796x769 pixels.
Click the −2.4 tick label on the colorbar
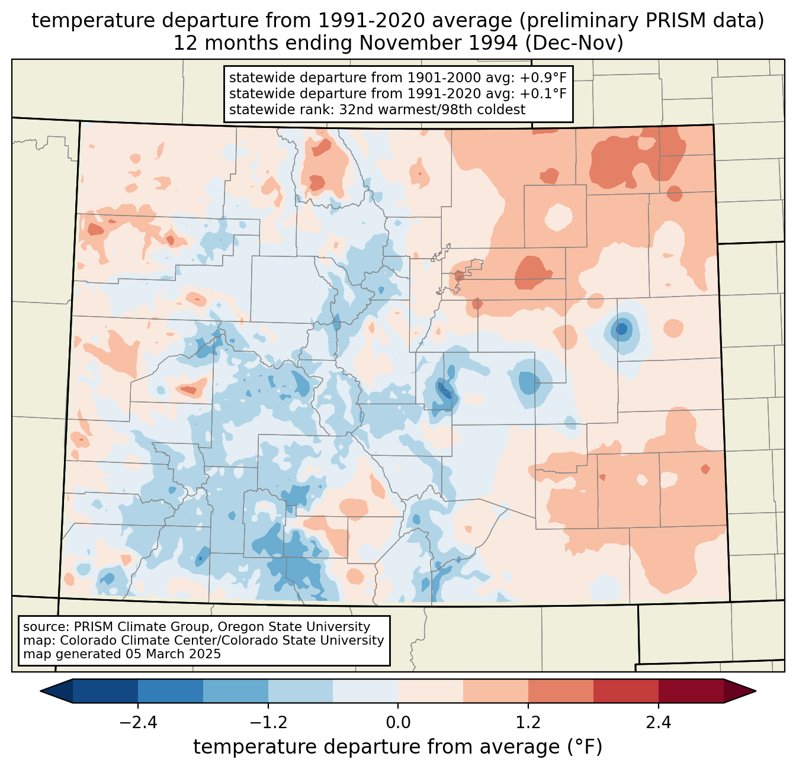pyautogui.click(x=137, y=723)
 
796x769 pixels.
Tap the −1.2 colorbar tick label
pyautogui.click(x=268, y=723)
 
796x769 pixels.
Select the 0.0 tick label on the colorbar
pyautogui.click(x=398, y=723)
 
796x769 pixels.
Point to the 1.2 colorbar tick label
pyautogui.click(x=528, y=723)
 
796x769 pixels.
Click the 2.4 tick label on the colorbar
pyautogui.click(x=659, y=723)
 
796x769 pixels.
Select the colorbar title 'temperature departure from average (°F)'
pyautogui.click(x=398, y=747)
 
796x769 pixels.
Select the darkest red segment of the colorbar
pyautogui.click(x=691, y=691)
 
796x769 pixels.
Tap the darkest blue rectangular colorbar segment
pyautogui.click(x=105, y=691)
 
